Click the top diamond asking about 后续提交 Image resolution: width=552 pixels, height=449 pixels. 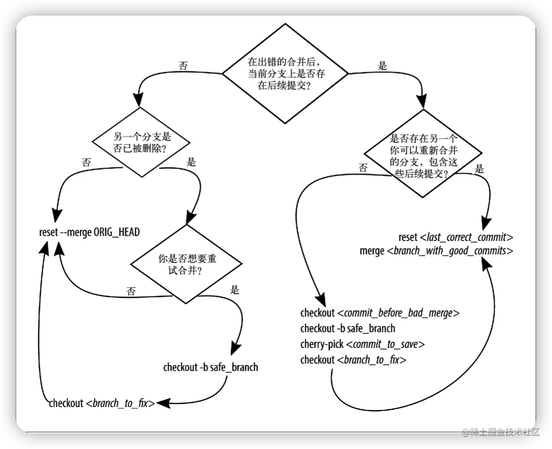click(x=285, y=74)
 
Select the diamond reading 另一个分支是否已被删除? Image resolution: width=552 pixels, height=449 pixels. click(x=141, y=142)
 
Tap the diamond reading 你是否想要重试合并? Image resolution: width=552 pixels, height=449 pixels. click(x=186, y=264)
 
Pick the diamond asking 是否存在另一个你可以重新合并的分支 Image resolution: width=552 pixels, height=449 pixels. click(x=423, y=154)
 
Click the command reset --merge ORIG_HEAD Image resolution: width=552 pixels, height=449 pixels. click(x=89, y=232)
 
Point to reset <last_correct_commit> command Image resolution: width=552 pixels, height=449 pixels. click(x=456, y=237)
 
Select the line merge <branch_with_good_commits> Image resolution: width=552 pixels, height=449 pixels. click(x=436, y=251)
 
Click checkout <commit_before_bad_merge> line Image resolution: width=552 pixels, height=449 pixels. click(x=380, y=313)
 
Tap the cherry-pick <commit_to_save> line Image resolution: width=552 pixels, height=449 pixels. click(x=363, y=344)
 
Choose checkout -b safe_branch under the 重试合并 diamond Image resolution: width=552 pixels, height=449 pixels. click(x=211, y=367)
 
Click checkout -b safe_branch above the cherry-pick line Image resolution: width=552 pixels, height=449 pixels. click(x=348, y=328)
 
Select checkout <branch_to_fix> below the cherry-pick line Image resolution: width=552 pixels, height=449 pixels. click(x=353, y=360)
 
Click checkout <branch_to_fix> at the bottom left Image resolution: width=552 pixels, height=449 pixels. click(x=102, y=403)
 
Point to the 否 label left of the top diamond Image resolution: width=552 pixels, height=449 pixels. click(x=183, y=65)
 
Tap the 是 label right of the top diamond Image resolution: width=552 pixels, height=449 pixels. click(x=382, y=65)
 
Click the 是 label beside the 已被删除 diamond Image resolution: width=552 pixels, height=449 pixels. click(x=191, y=162)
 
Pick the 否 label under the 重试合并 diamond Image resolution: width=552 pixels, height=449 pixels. click(x=131, y=291)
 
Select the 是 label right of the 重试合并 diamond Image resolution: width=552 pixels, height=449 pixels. click(x=235, y=290)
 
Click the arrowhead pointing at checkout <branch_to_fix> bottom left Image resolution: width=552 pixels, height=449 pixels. click(x=163, y=403)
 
